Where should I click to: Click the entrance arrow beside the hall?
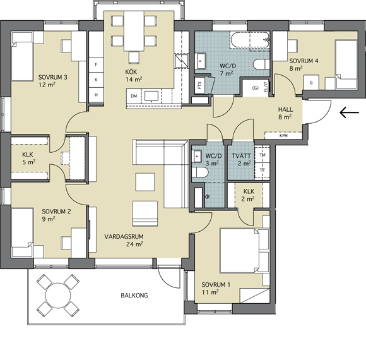coord(349,112)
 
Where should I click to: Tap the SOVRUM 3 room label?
coord(53,77)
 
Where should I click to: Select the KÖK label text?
coord(131,71)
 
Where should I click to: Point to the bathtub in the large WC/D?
coord(250,40)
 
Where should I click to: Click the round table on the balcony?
coord(58,296)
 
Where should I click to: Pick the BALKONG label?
coord(134,296)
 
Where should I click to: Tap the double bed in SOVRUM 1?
coord(244,251)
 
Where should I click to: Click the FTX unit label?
coord(199,85)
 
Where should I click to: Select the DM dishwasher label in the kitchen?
coord(134,96)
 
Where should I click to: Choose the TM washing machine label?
coord(263,155)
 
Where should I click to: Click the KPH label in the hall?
coord(283,136)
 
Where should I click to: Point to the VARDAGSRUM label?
coord(124,236)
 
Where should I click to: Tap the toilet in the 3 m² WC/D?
coord(199,172)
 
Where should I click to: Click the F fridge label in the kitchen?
coord(96,64)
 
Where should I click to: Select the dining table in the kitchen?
coord(134,30)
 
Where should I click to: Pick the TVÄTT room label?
coord(241,155)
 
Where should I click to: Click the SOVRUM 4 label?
coord(304,61)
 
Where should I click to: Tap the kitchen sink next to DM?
coord(151,97)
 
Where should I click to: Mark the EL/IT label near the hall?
coord(266,85)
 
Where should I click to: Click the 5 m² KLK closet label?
coord(28,154)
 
